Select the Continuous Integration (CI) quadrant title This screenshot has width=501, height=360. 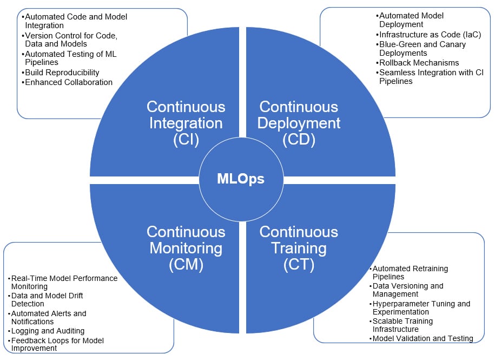click(186, 123)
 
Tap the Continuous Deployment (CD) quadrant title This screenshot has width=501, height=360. click(299, 123)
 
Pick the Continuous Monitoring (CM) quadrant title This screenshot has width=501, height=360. click(186, 248)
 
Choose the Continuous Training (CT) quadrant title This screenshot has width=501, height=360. click(299, 248)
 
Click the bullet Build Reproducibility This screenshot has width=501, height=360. click(62, 73)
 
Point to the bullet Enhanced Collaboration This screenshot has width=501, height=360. click(69, 82)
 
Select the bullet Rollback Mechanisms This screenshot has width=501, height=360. click(419, 63)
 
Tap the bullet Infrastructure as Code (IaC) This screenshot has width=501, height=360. click(430, 35)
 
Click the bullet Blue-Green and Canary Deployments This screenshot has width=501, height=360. click(422, 49)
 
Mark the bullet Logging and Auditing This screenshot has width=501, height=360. click(48, 331)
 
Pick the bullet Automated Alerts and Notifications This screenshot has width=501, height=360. click(49, 318)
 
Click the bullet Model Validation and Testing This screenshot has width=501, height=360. click(423, 338)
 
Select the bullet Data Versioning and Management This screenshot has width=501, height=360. click(408, 290)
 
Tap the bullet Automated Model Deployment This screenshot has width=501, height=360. click(411, 21)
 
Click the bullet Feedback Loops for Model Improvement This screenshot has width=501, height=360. click(57, 344)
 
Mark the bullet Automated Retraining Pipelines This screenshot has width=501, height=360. click(410, 272)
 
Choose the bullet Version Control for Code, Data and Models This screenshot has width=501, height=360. click(70, 40)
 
